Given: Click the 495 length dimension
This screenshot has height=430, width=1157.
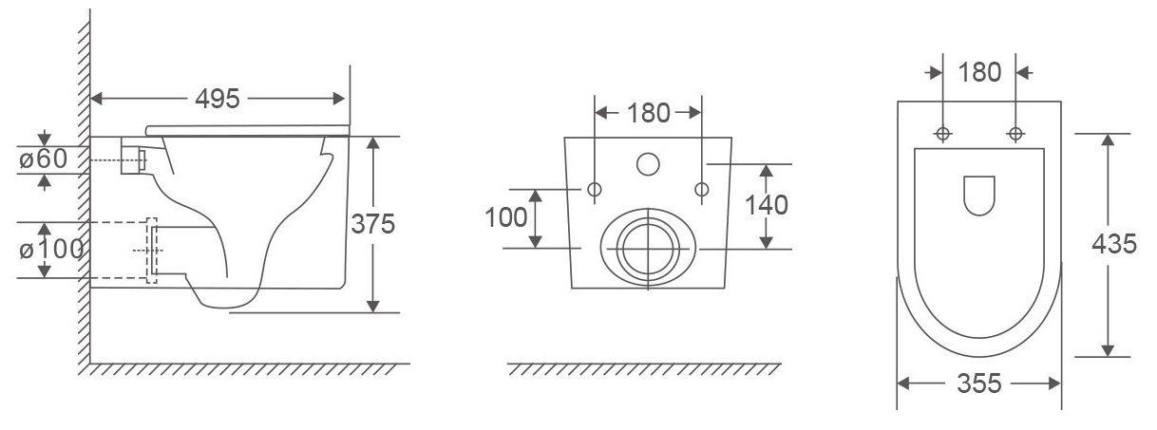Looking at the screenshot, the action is point(218,99).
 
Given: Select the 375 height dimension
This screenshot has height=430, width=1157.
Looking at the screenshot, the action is point(372,224).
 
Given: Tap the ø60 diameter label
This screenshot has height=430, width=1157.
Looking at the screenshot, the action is point(44,159).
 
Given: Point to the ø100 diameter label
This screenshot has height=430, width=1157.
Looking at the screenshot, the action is point(51,250).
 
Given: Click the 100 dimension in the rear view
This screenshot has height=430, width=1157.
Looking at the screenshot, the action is point(505,217).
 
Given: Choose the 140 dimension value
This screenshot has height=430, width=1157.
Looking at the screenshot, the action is point(767,205).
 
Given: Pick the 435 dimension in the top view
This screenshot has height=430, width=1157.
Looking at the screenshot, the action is point(1114,244).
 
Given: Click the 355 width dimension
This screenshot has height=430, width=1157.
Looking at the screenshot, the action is point(979,383).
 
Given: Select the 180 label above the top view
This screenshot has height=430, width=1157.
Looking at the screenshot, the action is point(979,72).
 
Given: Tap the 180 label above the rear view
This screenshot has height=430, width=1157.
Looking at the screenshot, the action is point(648,113).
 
